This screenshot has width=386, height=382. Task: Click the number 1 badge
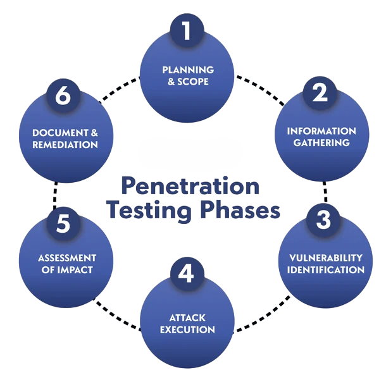pyautogui.click(x=187, y=30)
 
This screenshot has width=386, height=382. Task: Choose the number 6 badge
pyautogui.click(x=62, y=96)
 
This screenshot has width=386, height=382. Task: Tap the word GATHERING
pyautogui.click(x=321, y=143)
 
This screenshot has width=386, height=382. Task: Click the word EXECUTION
pyautogui.click(x=187, y=330)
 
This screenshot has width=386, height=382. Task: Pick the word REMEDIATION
pyautogui.click(x=66, y=145)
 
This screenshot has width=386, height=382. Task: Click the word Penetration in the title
pyautogui.click(x=189, y=186)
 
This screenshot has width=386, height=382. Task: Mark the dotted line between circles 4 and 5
pyautogui.click(x=117, y=316)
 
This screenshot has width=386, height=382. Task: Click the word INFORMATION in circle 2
pyautogui.click(x=321, y=131)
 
